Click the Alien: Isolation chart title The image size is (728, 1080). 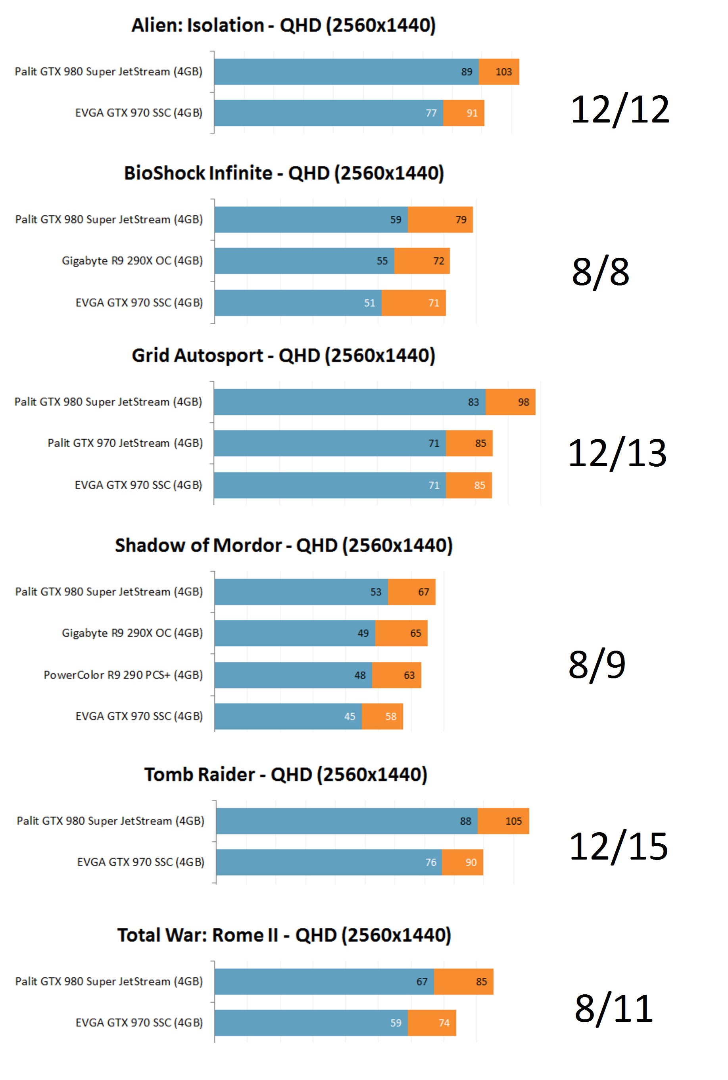(284, 25)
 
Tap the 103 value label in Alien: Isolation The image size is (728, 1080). (503, 72)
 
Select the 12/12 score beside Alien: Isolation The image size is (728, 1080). (620, 109)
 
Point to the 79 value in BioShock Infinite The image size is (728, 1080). (461, 219)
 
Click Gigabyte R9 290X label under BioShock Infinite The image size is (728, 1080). (133, 261)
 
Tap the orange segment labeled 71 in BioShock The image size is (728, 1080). (413, 303)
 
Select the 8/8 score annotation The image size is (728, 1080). (600, 272)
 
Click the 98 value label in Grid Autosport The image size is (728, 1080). (523, 402)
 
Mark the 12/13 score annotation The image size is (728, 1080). (617, 453)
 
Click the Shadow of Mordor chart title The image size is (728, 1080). (284, 546)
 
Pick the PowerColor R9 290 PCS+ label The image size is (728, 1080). (123, 675)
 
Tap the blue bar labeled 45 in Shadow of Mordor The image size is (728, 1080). (288, 716)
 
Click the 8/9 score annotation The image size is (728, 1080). (597, 664)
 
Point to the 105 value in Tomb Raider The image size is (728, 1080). (513, 821)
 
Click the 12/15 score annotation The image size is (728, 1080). (619, 846)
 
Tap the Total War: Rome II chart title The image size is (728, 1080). (284, 935)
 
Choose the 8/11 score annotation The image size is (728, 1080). (614, 1009)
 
